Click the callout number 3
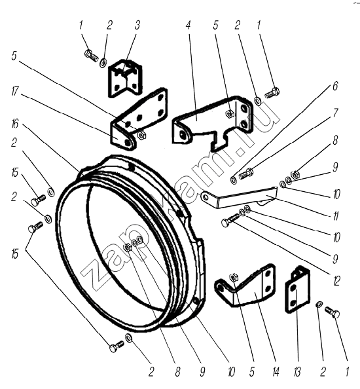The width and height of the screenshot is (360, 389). (137, 25)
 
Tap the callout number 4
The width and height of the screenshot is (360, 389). (189, 25)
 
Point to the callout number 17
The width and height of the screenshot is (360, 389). (15, 91)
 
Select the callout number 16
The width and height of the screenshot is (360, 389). (15, 123)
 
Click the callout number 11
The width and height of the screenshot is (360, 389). (335, 216)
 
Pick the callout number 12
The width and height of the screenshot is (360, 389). (336, 281)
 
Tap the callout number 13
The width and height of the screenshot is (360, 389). (297, 372)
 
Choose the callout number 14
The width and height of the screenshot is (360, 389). (276, 372)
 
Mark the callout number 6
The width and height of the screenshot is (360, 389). (335, 86)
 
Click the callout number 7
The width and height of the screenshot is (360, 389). (335, 113)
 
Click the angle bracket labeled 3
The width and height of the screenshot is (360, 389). (125, 78)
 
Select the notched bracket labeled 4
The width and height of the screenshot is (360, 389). (213, 123)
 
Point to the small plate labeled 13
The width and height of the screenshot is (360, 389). (297, 289)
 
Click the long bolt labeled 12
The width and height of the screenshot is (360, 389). (230, 220)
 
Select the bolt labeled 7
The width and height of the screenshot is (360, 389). (245, 174)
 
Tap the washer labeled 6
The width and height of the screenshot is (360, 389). (233, 180)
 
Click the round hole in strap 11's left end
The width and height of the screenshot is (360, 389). (206, 197)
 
